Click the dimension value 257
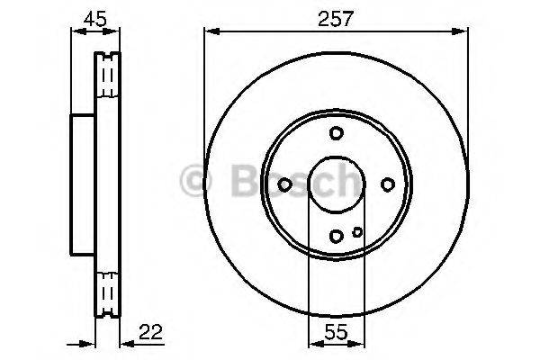pos(335,16)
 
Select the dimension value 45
pos(94,16)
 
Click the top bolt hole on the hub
pos(336,133)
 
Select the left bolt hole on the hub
pos(284,184)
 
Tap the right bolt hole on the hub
pos(387,184)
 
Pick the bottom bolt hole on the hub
pos(336,236)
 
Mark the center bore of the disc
pos(335,184)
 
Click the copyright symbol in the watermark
pos(196,184)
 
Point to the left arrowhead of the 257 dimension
pos(210,31)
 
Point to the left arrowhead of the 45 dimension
pos(75,31)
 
